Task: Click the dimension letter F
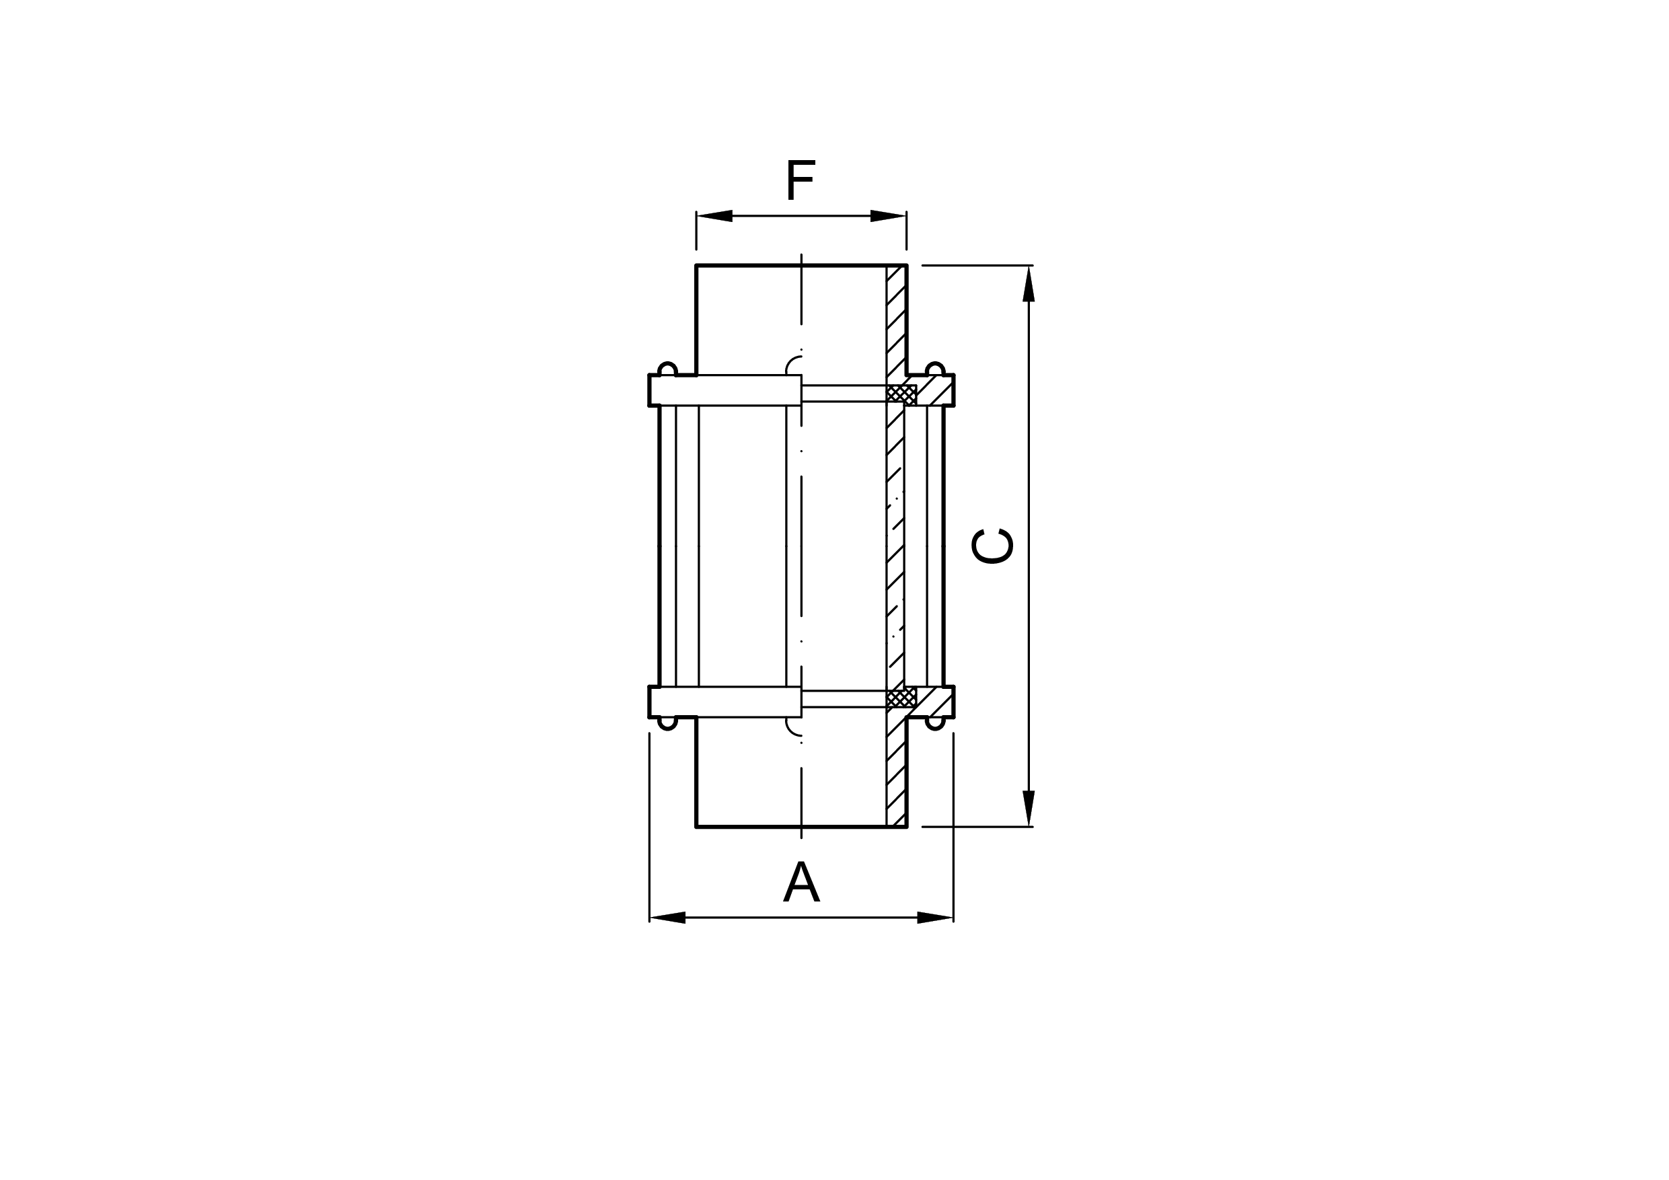(801, 180)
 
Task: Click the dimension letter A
(801, 881)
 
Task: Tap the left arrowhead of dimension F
(714, 216)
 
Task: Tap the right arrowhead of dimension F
(888, 216)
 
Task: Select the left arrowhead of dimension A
(667, 918)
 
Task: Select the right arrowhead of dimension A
(936, 918)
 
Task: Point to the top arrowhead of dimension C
(1029, 283)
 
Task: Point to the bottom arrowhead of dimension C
(1029, 808)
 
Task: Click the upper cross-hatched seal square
(901, 394)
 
